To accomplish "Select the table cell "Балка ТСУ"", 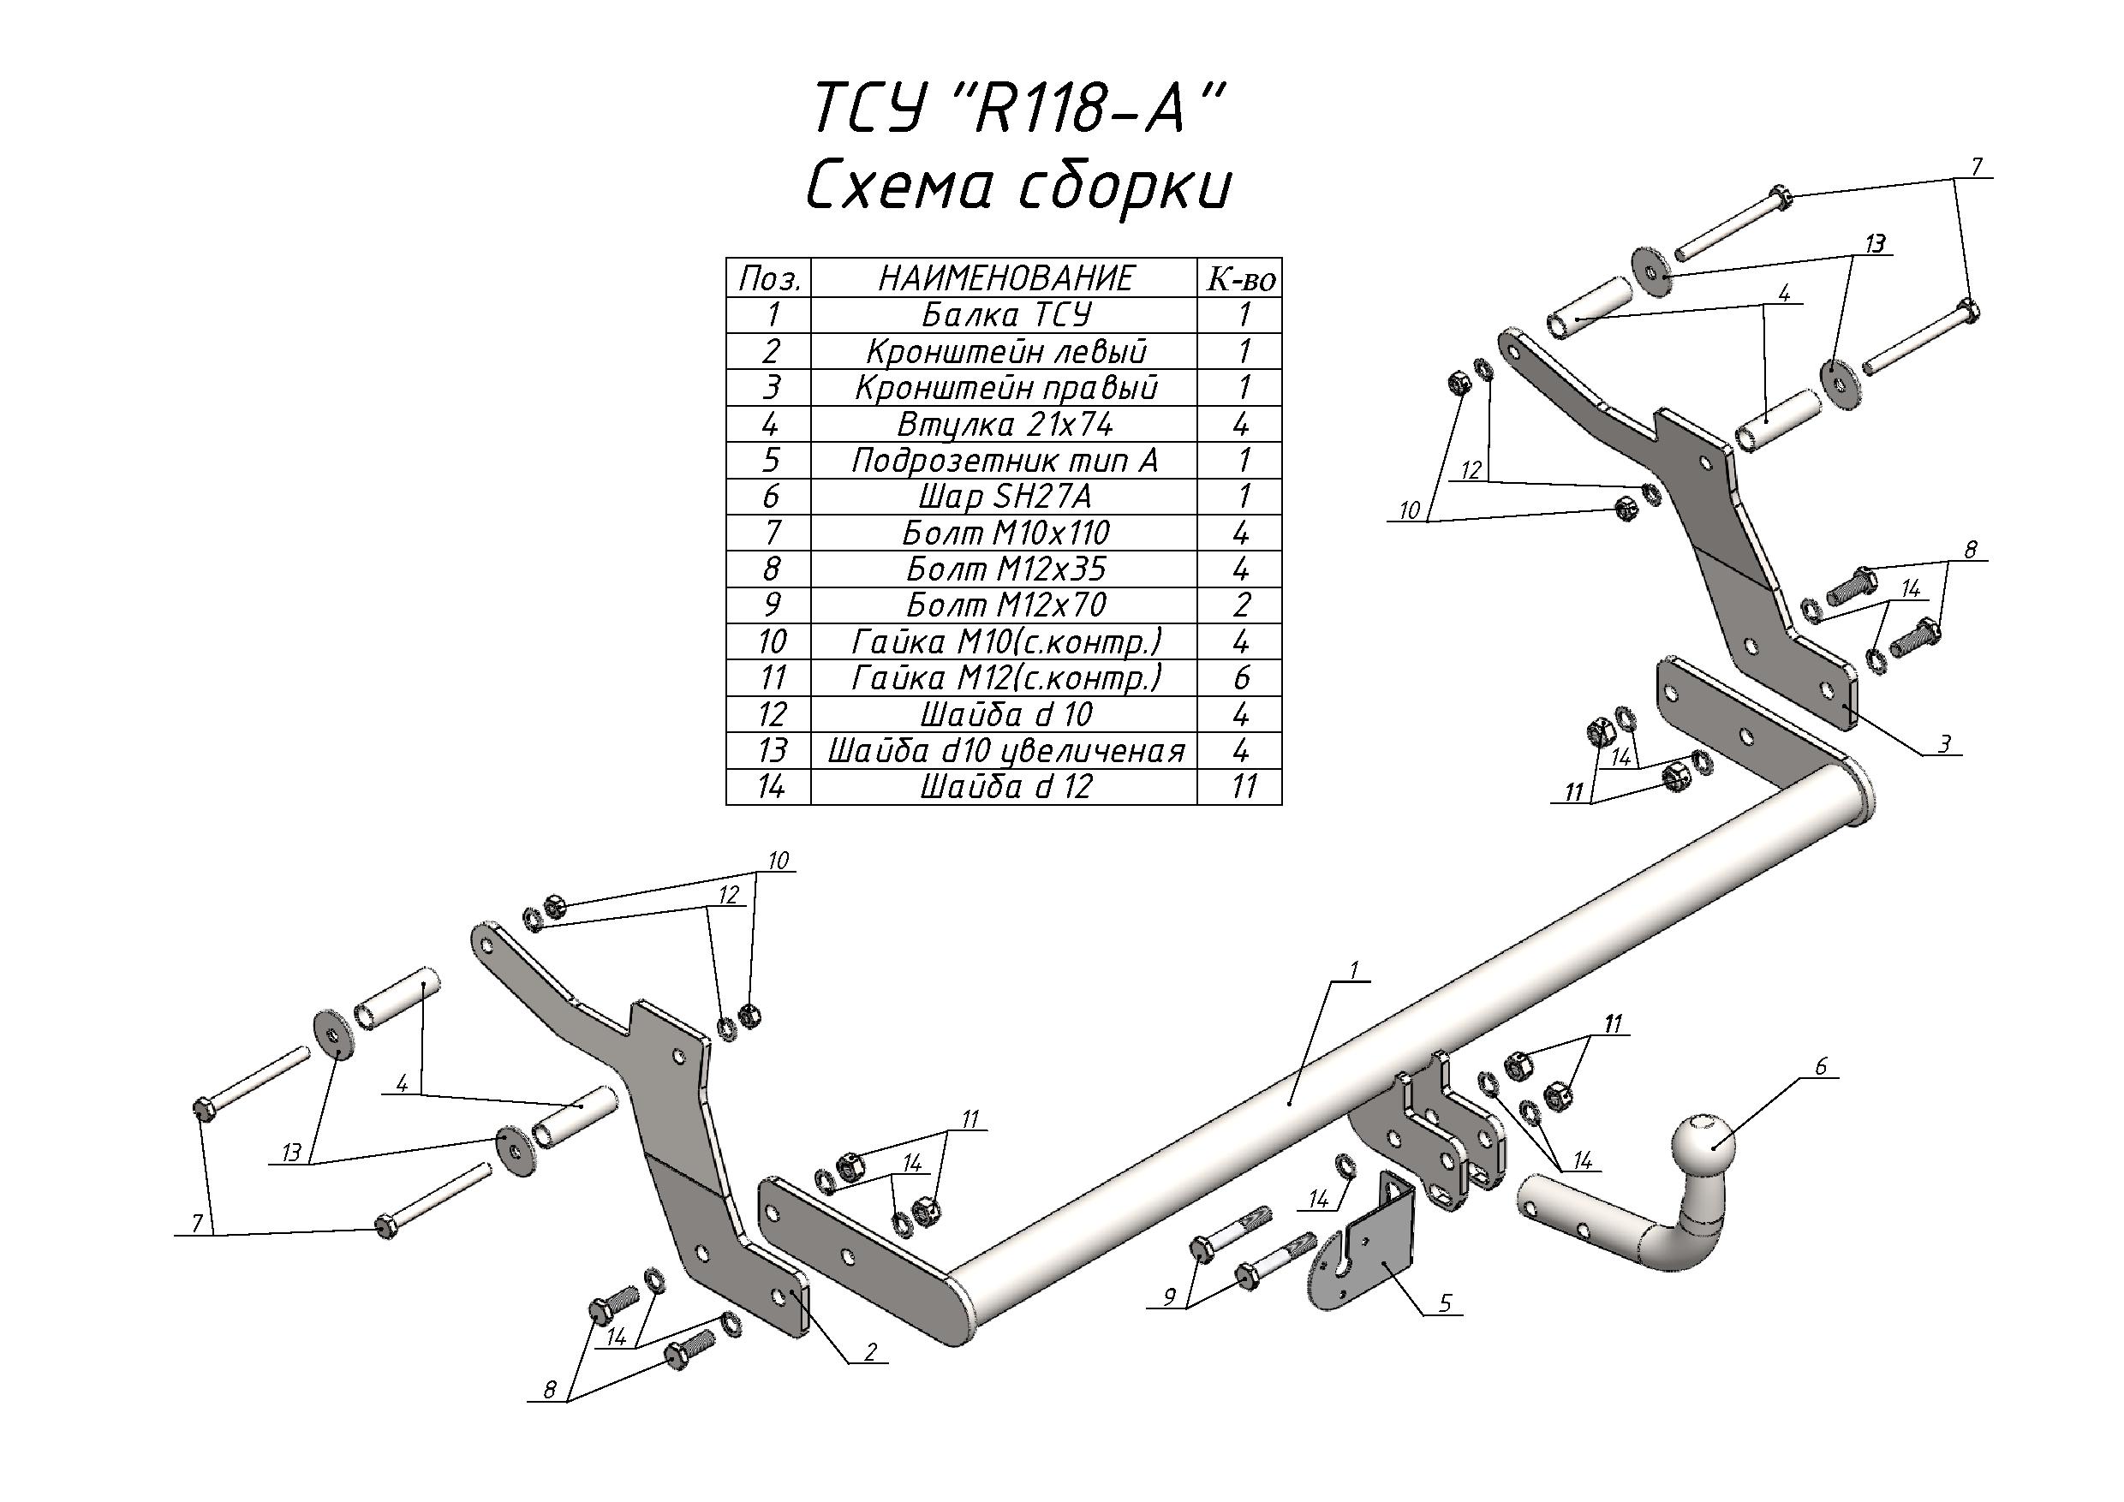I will click(1005, 315).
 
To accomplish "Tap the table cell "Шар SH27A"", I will click(1005, 497).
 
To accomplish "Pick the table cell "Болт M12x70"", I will click(1005, 605).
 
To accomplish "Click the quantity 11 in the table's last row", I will click(1243, 787).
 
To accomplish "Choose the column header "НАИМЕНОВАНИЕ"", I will click(1005, 277).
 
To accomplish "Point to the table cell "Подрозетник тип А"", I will click(1005, 461).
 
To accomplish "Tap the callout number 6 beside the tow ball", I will click(1821, 1066).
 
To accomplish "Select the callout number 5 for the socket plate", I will click(1445, 1303).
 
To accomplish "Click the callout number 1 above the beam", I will click(1353, 970).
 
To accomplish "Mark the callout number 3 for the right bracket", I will click(1944, 743).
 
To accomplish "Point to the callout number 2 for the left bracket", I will click(870, 1352).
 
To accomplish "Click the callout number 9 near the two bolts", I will click(1169, 1296).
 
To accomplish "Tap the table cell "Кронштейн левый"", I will click(1005, 351).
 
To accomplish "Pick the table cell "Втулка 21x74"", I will click(1005, 425).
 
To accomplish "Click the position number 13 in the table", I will click(771, 751).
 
